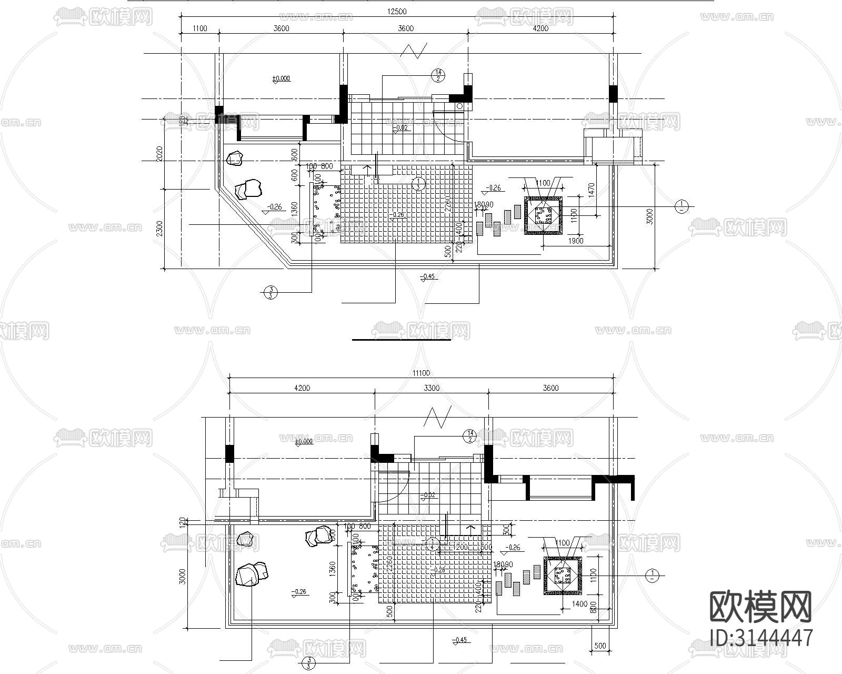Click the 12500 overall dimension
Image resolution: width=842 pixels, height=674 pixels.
(x=397, y=12)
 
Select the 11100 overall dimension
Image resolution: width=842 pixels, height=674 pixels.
(x=421, y=373)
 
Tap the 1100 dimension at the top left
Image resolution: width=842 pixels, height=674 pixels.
(x=200, y=28)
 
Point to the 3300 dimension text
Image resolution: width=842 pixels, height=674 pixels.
(x=432, y=388)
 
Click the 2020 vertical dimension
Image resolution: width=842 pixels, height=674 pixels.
(x=160, y=154)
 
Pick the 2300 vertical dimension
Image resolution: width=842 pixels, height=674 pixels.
(x=160, y=229)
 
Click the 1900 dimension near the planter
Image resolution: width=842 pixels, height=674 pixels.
(x=576, y=241)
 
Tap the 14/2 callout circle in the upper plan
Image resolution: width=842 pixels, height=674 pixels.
(x=438, y=76)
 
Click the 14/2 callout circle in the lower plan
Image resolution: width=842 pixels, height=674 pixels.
(x=469, y=436)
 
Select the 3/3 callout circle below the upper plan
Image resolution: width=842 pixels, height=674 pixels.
(x=270, y=292)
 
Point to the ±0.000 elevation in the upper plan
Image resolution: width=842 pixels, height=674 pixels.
(x=281, y=79)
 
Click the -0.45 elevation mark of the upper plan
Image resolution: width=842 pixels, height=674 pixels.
(x=428, y=277)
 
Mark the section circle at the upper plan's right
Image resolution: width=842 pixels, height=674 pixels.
(x=681, y=206)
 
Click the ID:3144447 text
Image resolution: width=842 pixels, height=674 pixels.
(x=761, y=638)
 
